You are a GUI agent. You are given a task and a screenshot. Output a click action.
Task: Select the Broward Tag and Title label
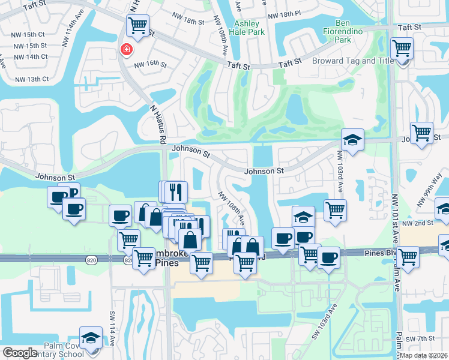[x=352, y=61]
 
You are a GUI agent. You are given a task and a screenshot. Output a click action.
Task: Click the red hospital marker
[x=127, y=49]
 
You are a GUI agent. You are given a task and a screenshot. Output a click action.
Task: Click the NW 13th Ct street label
[x=32, y=79]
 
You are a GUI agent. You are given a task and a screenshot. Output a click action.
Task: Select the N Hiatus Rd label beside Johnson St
[x=158, y=124]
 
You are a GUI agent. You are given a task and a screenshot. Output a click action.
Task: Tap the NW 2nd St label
[x=418, y=223]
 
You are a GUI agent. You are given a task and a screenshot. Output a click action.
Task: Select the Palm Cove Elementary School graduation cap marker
[x=91, y=337]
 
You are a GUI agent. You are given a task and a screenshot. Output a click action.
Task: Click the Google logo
[x=20, y=353]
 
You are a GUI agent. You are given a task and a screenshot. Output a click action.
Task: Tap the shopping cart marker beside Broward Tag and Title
[x=401, y=47]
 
